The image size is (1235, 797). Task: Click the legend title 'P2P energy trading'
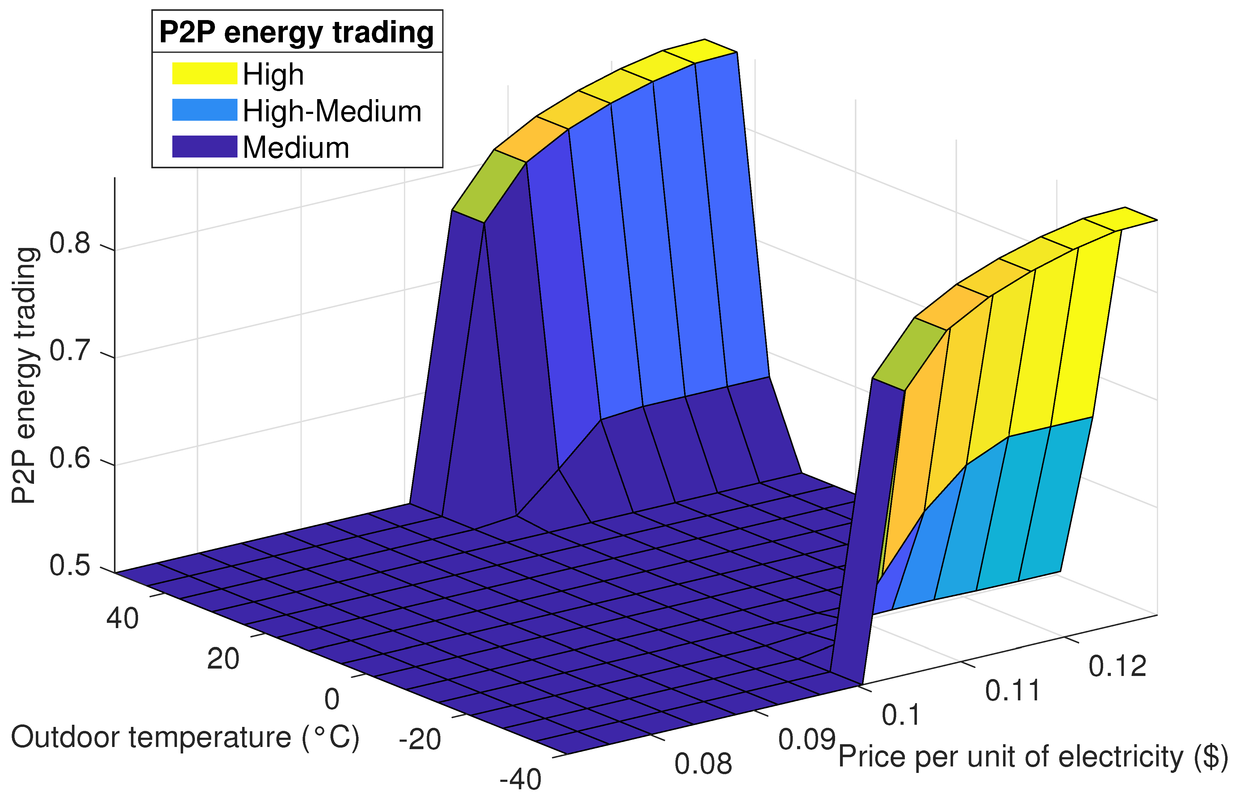pos(296,32)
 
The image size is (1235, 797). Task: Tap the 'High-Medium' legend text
pos(332,111)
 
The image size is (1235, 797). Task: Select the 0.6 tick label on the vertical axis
pos(70,458)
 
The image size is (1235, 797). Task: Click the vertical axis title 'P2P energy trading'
pos(24,375)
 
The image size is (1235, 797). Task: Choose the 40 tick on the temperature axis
pos(123,619)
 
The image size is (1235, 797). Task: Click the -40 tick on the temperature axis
pos(520,779)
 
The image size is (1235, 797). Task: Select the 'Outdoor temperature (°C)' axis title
pos(185,737)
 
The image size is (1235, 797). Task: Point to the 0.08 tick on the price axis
pos(703,764)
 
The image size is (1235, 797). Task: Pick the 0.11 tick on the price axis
pos(1012,691)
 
